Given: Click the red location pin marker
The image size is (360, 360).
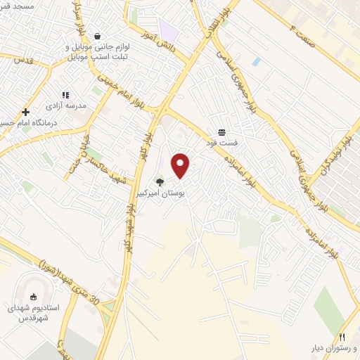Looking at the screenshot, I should pyautogui.click(x=181, y=165).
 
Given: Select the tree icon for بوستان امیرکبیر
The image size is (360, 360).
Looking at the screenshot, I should pyautogui.click(x=160, y=182).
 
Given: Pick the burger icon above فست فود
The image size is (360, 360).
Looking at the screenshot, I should pyautogui.click(x=221, y=132).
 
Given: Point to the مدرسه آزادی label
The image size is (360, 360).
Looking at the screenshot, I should pyautogui.click(x=66, y=105).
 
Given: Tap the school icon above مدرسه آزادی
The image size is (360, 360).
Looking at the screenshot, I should pyautogui.click(x=65, y=95).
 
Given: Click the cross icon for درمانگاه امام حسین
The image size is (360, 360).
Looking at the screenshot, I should pyautogui.click(x=26, y=112).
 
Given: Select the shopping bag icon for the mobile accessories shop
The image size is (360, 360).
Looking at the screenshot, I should pyautogui.click(x=97, y=37).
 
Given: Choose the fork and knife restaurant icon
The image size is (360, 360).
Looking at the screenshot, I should pyautogui.click(x=342, y=337).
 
